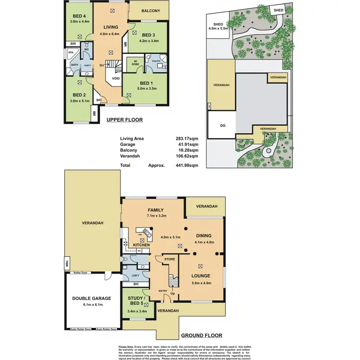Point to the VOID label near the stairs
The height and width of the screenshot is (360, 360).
coord(116,78)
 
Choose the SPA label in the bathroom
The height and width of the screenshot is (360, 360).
coord(71,52)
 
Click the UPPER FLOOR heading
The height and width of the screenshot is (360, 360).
coord(123,120)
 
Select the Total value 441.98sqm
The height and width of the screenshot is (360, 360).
coord(186,165)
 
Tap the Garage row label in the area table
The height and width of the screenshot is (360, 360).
coord(128,144)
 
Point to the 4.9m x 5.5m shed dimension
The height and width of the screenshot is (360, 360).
coord(219,28)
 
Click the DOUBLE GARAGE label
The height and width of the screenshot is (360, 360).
coord(92,299)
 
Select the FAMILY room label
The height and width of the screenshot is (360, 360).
coord(156,210)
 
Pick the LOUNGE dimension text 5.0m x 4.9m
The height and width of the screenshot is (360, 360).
coord(201,283)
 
